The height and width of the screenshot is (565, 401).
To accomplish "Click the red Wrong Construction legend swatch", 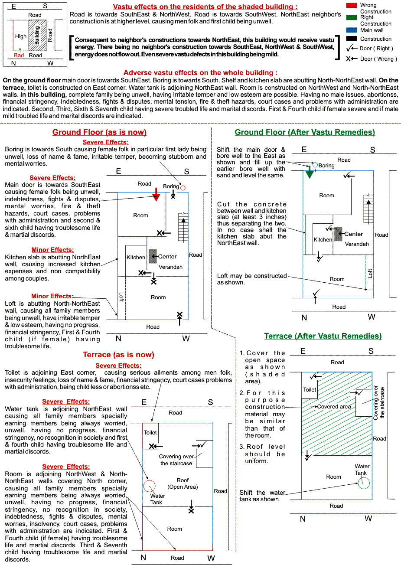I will (x=351, y=5).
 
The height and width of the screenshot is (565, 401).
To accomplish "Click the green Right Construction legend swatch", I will (x=351, y=17).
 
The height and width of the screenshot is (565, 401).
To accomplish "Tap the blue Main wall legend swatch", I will (x=351, y=30).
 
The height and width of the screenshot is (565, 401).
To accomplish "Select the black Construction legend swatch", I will (x=351, y=39).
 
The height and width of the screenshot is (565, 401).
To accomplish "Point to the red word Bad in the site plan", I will (x=19, y=56).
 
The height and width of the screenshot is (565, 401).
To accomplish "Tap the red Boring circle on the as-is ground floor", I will (x=183, y=188).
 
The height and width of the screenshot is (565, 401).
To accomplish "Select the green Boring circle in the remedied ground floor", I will (x=315, y=165).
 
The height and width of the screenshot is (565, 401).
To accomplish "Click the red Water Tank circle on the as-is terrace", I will (x=149, y=486).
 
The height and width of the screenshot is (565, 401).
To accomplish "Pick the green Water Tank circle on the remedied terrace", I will (x=364, y=483).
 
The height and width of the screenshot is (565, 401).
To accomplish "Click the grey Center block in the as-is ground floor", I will (x=153, y=256).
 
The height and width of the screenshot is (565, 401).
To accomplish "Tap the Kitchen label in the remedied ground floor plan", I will (x=323, y=239).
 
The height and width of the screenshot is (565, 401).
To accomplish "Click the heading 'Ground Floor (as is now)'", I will (x=99, y=132).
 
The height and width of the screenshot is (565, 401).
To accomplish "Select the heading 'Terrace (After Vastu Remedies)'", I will (x=323, y=336).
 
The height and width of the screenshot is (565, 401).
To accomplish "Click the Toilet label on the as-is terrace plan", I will (x=150, y=432).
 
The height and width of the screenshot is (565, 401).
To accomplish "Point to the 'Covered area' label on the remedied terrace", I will (x=334, y=407).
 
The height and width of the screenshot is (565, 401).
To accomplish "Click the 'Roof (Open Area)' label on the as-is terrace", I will (x=183, y=483).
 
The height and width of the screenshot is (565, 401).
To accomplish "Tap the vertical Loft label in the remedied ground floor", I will (x=370, y=273).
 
